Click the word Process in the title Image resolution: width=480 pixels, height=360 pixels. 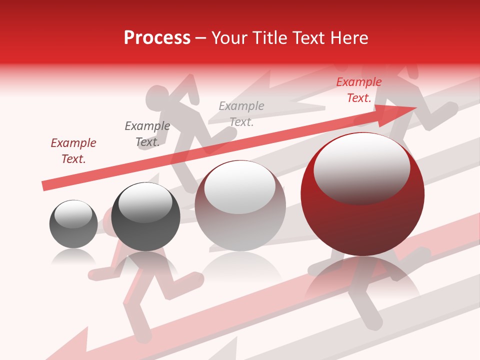point(157,38)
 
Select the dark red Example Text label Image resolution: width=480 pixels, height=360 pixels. point(73,150)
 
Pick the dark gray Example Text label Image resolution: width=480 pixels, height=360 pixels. point(147,134)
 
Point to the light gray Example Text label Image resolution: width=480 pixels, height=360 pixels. point(241,113)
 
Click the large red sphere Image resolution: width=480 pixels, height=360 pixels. point(362,220)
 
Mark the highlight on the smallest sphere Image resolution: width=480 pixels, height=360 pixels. point(73,214)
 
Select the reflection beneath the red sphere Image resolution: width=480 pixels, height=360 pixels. point(362,277)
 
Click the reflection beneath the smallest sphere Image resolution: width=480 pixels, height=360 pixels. point(73,257)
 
